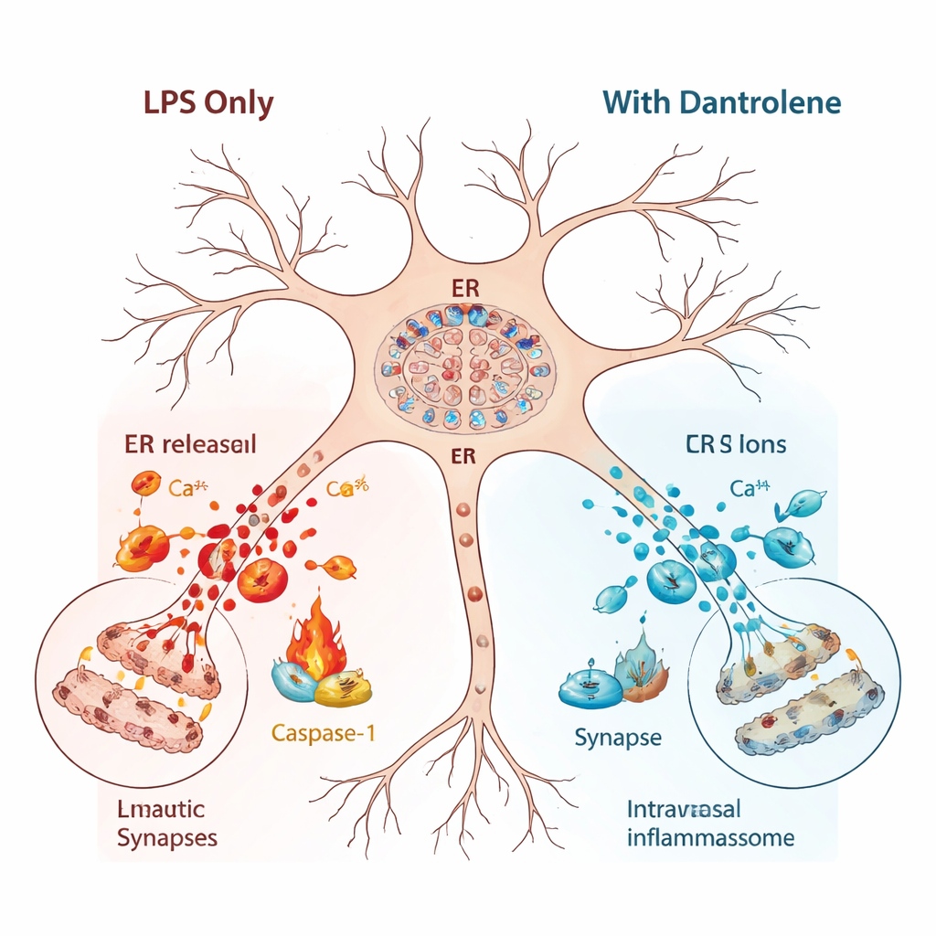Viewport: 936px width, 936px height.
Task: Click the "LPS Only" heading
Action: point(208,102)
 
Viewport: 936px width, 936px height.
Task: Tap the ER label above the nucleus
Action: point(466,290)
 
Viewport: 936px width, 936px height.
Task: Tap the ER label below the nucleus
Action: point(464,455)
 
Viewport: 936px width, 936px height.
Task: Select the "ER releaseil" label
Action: point(190,445)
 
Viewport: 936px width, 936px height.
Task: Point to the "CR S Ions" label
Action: point(736,445)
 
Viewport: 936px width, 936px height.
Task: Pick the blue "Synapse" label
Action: point(618,737)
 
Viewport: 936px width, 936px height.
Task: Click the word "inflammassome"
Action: point(710,837)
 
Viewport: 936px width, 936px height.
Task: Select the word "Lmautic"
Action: point(161,809)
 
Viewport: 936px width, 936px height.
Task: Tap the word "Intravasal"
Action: point(684,809)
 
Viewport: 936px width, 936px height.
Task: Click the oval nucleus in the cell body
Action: point(466,368)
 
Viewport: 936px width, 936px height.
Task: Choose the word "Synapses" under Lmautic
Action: point(167,837)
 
